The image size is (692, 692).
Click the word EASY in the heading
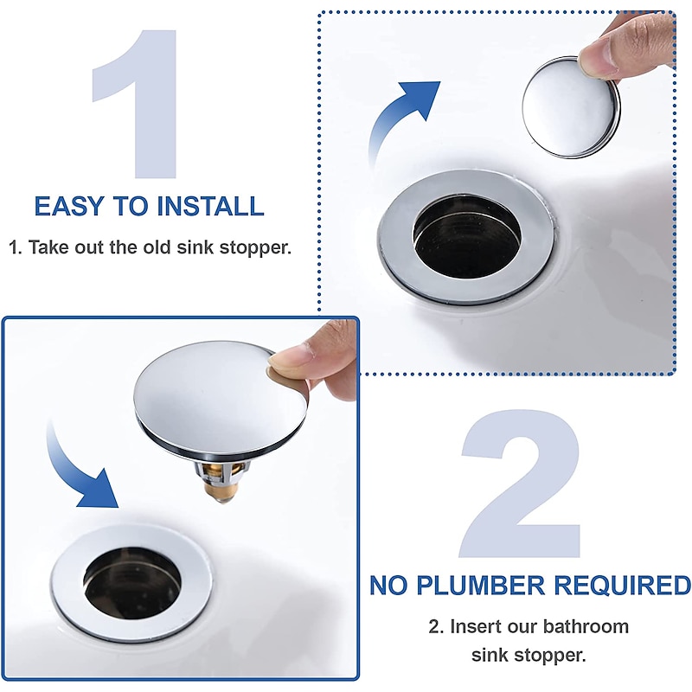click(67, 207)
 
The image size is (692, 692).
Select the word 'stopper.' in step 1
click(256, 247)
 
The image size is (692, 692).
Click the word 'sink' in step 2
click(490, 654)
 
